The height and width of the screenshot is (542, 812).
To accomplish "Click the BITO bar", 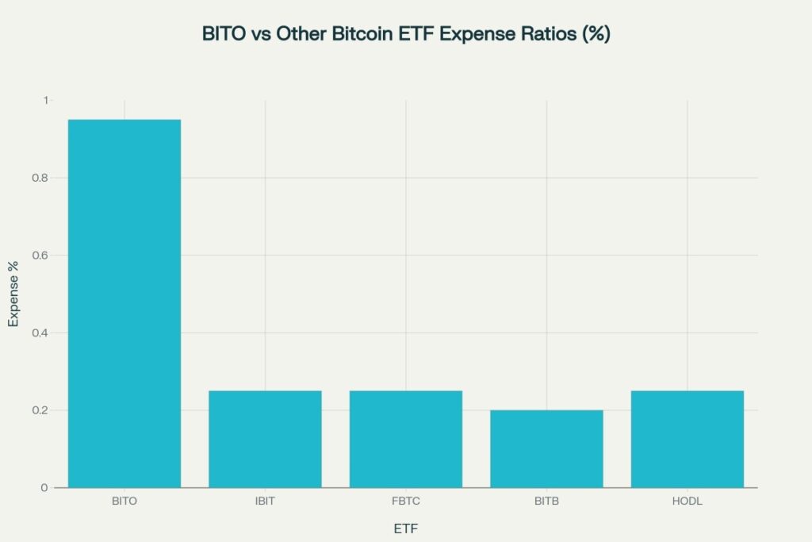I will pyautogui.click(x=124, y=303).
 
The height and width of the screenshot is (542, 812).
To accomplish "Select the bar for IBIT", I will pyautogui.click(x=265, y=439).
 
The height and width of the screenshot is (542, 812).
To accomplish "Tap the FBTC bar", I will pyautogui.click(x=406, y=439).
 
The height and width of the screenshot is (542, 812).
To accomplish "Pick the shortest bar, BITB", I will pyautogui.click(x=546, y=448).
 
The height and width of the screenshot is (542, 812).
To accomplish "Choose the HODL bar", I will pyautogui.click(x=688, y=439).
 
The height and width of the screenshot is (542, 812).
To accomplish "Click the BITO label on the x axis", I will pyautogui.click(x=124, y=502).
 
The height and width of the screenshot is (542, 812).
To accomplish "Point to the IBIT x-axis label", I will pyautogui.click(x=265, y=502).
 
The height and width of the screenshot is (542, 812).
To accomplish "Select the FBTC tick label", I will pyautogui.click(x=406, y=502).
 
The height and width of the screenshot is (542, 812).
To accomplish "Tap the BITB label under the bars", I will pyautogui.click(x=546, y=502).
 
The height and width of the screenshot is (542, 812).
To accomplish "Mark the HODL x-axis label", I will pyautogui.click(x=688, y=502).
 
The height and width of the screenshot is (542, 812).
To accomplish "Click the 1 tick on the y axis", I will pyautogui.click(x=46, y=100).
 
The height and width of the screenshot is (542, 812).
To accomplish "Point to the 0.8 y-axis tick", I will pyautogui.click(x=40, y=178).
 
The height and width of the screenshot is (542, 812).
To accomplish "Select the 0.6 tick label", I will pyautogui.click(x=40, y=256).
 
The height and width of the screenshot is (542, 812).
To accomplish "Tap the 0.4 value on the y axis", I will pyautogui.click(x=40, y=333).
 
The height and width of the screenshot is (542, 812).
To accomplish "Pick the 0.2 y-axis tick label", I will pyautogui.click(x=40, y=410).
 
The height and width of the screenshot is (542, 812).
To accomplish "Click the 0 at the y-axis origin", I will pyautogui.click(x=45, y=487).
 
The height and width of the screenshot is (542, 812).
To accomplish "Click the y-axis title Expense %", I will pyautogui.click(x=13, y=294).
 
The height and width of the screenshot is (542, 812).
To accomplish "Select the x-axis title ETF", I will pyautogui.click(x=406, y=528).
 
